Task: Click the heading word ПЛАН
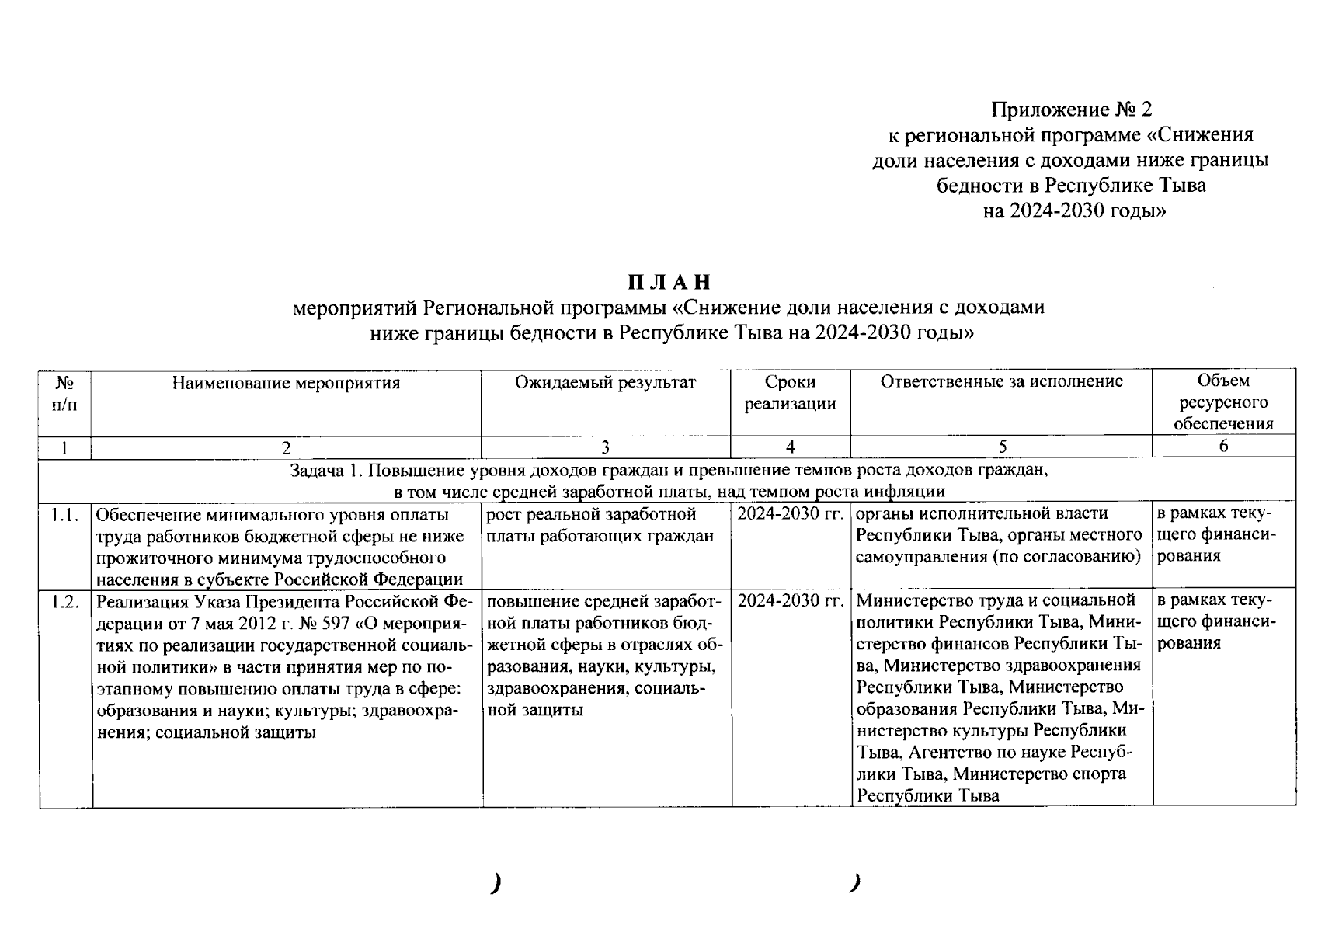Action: pos(669,281)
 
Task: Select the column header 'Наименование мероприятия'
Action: pos(286,382)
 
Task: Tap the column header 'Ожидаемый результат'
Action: pos(606,382)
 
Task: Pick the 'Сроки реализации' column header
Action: pos(790,393)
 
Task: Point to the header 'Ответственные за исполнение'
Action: pos(1001,381)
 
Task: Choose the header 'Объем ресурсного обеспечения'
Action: pos(1223,402)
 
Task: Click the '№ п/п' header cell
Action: pos(65,393)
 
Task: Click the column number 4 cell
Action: pos(790,447)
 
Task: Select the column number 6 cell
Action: pos(1223,446)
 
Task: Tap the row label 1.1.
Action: pos(65,515)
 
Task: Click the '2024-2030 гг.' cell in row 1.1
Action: pos(791,515)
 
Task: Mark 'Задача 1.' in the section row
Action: pos(322,471)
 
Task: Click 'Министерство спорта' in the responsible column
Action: pos(1040,774)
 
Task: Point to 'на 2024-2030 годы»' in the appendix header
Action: pos(1074,210)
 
